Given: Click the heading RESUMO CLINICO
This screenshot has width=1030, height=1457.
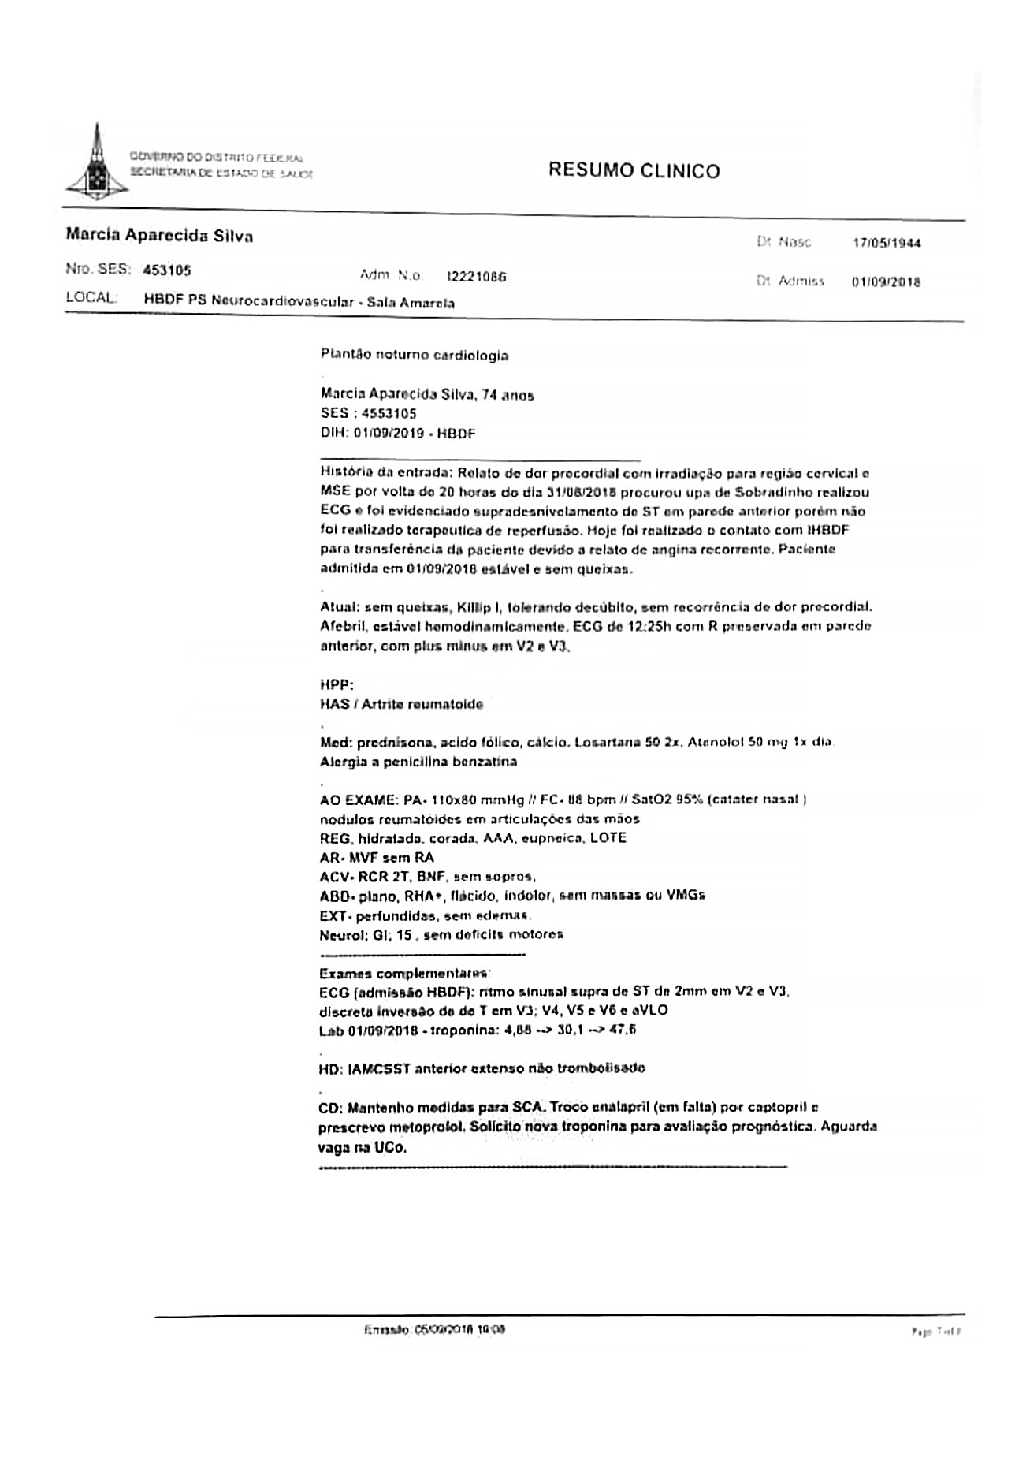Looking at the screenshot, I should click(x=634, y=171).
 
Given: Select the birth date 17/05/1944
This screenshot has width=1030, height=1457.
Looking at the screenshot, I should click(x=886, y=243).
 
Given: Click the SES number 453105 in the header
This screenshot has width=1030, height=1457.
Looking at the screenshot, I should click(x=167, y=270).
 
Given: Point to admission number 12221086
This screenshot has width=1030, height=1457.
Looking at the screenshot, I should click(x=476, y=277).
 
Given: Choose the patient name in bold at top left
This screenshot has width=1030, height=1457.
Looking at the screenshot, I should click(x=159, y=236).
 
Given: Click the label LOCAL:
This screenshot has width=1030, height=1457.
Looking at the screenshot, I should click(x=91, y=299).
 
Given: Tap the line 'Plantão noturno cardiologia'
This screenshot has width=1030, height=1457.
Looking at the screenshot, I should click(x=415, y=356).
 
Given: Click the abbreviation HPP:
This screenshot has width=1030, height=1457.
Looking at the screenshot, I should click(x=337, y=685).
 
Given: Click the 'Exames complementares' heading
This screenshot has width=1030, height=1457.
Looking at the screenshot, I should click(x=405, y=974).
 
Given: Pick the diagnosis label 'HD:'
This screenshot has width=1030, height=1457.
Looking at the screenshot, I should click(x=330, y=1068).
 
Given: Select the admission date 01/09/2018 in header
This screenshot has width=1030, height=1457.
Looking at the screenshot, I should click(x=886, y=281).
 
